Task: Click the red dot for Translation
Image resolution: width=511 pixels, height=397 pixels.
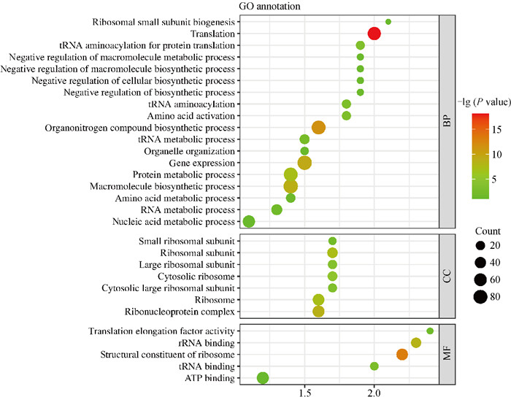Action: [374, 34]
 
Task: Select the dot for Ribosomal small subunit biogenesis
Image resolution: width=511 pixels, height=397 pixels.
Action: [388, 22]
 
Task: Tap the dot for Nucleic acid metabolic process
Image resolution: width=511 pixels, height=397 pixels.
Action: [249, 222]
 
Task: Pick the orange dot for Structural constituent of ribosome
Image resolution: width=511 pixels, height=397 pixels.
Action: [401, 354]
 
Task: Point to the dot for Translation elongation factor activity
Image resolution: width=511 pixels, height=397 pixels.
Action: [429, 331]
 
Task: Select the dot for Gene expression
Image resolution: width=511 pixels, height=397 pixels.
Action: [304, 163]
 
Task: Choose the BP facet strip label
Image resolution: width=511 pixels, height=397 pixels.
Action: [446, 121]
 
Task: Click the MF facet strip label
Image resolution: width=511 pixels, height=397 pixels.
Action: [446, 354]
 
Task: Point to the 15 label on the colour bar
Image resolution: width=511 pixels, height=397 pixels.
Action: [491, 129]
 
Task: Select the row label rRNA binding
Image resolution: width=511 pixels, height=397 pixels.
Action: [213, 342]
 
